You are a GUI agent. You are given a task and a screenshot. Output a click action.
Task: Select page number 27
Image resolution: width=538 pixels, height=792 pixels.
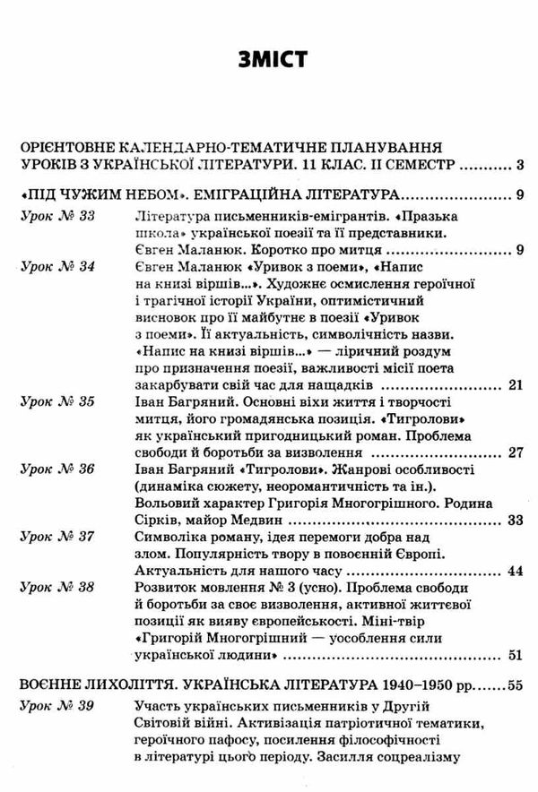click(x=515, y=452)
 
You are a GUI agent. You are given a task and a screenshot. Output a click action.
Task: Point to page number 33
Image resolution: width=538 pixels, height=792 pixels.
click(x=515, y=519)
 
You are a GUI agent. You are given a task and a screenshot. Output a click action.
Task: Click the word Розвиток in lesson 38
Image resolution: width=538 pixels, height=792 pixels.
click(x=164, y=587)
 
